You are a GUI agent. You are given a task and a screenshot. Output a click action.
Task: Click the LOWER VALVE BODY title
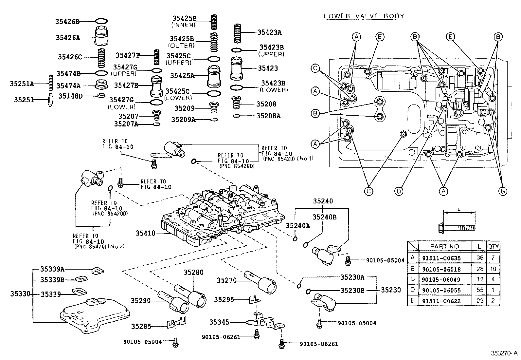coord(364,16)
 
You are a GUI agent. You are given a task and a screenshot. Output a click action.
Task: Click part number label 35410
coord(146,233)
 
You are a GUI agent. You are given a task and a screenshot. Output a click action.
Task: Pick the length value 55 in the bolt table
coord(480,290)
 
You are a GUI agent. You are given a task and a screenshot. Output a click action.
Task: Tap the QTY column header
coord(493,246)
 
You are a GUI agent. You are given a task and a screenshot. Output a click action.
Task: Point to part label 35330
coord(20,294)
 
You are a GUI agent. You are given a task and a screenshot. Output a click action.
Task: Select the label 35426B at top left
coord(67,22)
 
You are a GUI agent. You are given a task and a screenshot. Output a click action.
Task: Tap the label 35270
coord(227,280)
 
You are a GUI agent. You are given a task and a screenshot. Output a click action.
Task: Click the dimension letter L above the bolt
coord(459,209)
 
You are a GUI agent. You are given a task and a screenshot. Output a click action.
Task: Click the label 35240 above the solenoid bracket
coord(323,201)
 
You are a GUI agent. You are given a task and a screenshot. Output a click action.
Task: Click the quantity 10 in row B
coord(493,269)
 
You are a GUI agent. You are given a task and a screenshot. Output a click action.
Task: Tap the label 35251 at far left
coord(24,99)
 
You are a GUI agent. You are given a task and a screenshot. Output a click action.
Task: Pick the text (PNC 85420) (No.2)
coord(99,246)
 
